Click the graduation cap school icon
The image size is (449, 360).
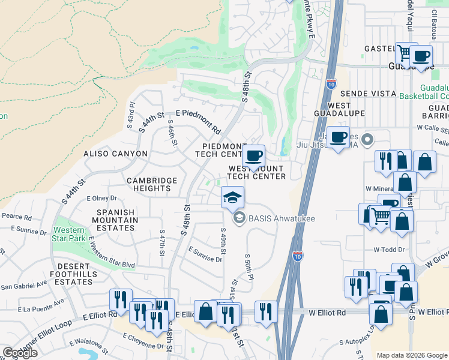pyautogui.click(x=233, y=196)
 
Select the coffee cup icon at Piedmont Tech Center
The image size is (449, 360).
pyautogui.click(x=253, y=156)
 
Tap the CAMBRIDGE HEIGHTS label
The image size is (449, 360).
pyautogui.click(x=152, y=184)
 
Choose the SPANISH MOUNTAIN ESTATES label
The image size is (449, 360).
pyautogui.click(x=115, y=224)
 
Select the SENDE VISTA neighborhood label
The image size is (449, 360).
pyautogui.click(x=368, y=94)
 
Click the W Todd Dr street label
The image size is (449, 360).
pyautogui.click(x=387, y=249)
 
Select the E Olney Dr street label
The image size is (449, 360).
pyautogui.click(x=101, y=198)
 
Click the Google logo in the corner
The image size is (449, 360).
pyautogui.click(x=20, y=353)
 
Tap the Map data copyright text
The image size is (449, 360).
pyautogui.click(x=412, y=355)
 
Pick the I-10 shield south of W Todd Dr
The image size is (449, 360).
pyautogui.click(x=298, y=256)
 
